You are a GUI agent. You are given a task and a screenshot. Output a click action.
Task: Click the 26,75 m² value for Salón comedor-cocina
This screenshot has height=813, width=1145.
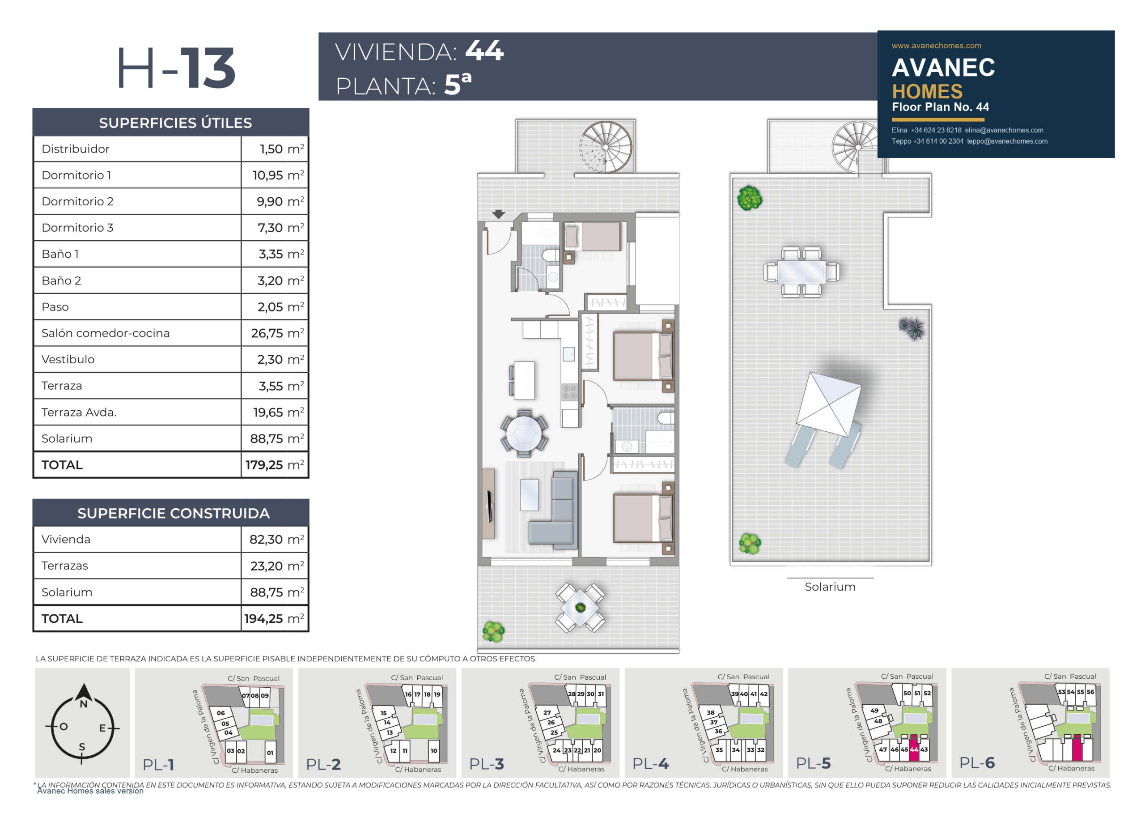click(x=277, y=333)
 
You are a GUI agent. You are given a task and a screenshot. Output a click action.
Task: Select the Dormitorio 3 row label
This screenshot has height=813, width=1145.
click(x=77, y=228)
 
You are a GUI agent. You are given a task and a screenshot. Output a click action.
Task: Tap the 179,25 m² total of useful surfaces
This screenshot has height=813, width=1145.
click(x=275, y=464)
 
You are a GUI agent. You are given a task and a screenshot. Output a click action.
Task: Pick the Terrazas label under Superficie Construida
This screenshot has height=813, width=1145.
click(x=64, y=566)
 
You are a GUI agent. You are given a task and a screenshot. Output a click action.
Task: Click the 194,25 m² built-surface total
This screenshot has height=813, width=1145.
click(x=274, y=618)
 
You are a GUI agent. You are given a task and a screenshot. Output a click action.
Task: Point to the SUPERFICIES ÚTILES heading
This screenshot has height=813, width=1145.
click(x=175, y=123)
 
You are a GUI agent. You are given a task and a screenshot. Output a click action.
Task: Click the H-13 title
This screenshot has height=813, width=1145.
click(x=176, y=68)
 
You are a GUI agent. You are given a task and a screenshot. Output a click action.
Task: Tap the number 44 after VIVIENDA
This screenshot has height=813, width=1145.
click(x=484, y=51)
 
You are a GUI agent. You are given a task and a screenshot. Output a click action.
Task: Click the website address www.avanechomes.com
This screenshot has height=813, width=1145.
click(x=936, y=46)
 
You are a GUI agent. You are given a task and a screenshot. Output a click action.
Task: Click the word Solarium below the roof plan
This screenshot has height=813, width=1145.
click(x=830, y=587)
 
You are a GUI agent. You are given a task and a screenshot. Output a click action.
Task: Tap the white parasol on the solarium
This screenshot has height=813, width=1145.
click(x=829, y=404)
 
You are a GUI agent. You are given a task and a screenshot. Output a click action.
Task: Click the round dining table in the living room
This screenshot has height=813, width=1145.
click(x=524, y=434)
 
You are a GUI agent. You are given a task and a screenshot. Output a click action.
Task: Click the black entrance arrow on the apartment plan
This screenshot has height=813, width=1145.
click(x=498, y=214)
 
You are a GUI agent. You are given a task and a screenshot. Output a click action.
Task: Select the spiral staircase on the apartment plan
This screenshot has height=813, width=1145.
click(x=606, y=147)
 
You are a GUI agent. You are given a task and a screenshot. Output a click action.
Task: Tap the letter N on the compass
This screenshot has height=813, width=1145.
click(x=84, y=704)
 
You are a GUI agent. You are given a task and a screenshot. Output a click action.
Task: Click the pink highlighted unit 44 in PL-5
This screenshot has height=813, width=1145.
click(x=914, y=749)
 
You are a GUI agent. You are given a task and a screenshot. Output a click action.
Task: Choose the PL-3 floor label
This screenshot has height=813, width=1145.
click(x=487, y=764)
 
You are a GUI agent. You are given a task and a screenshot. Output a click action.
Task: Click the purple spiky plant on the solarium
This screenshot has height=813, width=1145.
click(x=912, y=328)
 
